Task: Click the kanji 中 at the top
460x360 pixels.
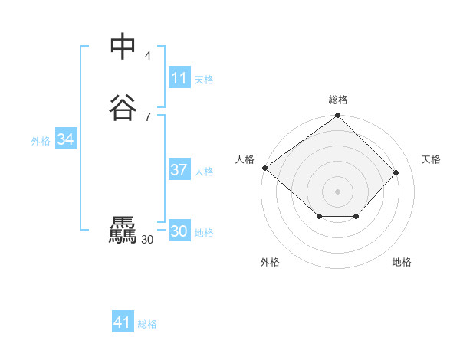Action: click(123, 47)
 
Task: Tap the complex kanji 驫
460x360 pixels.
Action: click(123, 231)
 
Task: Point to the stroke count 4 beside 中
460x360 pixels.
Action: click(148, 55)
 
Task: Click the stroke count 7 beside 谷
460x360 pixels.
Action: click(148, 116)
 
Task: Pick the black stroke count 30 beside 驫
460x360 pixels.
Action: click(147, 239)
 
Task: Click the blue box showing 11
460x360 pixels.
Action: click(179, 78)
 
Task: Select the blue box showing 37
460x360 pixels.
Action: click(179, 170)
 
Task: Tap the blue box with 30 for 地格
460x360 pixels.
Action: click(179, 231)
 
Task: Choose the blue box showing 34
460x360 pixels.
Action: click(66, 139)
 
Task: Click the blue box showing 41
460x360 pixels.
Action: click(123, 322)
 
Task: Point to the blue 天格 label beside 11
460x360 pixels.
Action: click(204, 80)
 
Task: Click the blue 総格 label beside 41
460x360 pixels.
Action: click(147, 324)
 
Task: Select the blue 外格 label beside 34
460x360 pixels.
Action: click(41, 141)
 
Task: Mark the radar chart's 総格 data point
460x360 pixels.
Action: click(338, 116)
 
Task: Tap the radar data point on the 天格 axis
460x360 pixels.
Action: click(396, 172)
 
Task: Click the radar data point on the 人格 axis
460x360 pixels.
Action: click(265, 168)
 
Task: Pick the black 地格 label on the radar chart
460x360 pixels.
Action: click(402, 263)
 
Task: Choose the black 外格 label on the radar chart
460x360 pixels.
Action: click(270, 263)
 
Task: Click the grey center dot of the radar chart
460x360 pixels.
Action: click(338, 191)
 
